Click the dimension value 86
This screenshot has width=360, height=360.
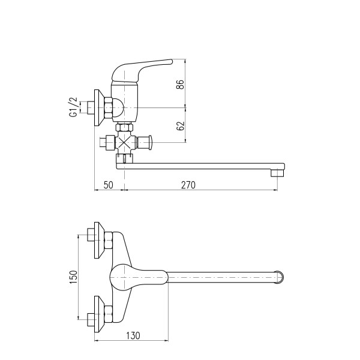(x=181, y=85)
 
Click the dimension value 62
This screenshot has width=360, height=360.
(x=181, y=126)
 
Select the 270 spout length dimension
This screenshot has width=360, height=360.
(x=188, y=185)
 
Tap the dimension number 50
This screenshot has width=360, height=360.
(x=109, y=185)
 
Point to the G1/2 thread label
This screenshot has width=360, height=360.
(x=73, y=107)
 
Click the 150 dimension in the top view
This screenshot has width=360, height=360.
(x=73, y=277)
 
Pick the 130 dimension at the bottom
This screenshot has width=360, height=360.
(x=133, y=335)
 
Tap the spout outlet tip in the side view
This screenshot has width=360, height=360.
(x=278, y=173)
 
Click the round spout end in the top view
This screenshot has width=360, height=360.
(x=280, y=277)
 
